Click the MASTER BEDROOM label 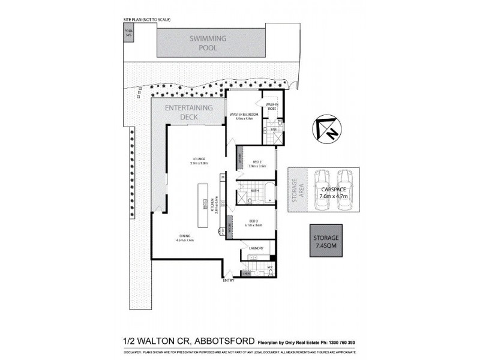(x=244, y=116)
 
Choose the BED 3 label (x=256, y=222)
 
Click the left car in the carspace (x=321, y=191)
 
